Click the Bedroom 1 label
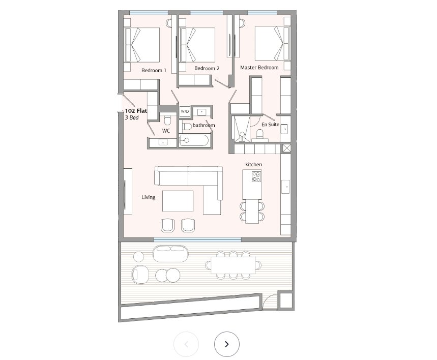(154, 70)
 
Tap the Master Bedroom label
(259, 68)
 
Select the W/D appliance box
(185, 111)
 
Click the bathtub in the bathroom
(194, 140)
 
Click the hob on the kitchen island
(256, 176)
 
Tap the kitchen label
(253, 164)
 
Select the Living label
(148, 197)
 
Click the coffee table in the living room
(178, 201)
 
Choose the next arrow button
(227, 344)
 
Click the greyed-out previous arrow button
(186, 344)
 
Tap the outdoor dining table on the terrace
(233, 265)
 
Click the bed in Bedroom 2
(197, 45)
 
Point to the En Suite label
(270, 124)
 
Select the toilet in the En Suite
(260, 135)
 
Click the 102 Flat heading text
(136, 111)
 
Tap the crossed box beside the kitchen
(286, 148)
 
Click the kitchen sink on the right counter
(285, 187)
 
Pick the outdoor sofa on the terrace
(170, 254)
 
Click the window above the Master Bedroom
(263, 13)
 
